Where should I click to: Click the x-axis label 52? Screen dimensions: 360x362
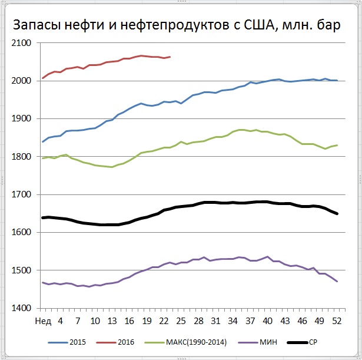pos(337,321)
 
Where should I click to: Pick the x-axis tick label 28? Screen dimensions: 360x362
pos(198,321)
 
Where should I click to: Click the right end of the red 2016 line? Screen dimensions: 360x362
pos(170,57)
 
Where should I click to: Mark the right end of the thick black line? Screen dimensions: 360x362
pos(337,213)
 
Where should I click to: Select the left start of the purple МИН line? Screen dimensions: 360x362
pos(42,282)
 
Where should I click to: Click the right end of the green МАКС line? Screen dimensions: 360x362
pos(337,145)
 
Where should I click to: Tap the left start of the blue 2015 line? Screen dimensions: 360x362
pos(42,141)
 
